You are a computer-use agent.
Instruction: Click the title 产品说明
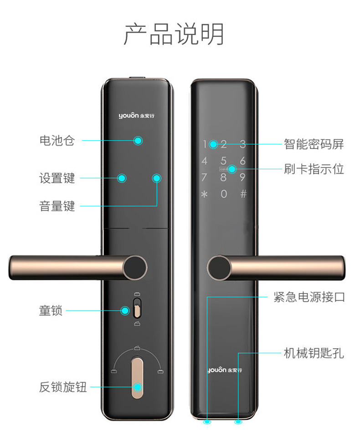click(x=174, y=34)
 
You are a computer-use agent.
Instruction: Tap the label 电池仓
click(x=57, y=141)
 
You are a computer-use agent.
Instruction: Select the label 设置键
click(x=57, y=178)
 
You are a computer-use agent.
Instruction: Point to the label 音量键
click(x=57, y=206)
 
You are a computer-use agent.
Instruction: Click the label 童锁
click(x=51, y=310)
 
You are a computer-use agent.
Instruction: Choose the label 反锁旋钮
click(x=63, y=387)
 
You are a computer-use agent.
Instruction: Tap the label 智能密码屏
click(x=314, y=144)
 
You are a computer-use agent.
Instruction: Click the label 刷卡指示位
click(x=314, y=169)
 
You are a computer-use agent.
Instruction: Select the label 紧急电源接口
click(x=309, y=297)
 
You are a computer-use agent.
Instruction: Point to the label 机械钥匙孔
click(x=314, y=353)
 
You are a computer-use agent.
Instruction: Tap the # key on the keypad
click(x=243, y=194)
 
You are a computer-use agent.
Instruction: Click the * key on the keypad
click(x=204, y=194)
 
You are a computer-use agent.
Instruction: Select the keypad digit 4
click(x=205, y=161)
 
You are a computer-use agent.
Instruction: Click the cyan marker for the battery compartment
click(x=138, y=141)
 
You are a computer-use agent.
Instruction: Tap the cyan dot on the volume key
click(x=156, y=178)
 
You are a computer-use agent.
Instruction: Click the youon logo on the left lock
click(x=136, y=116)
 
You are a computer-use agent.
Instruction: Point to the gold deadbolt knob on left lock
click(x=137, y=378)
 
